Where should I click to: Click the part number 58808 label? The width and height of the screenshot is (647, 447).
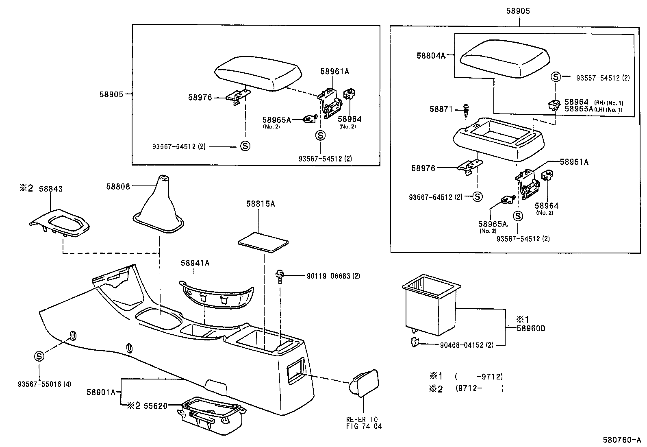(118, 187)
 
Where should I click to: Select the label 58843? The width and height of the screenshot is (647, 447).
(50, 189)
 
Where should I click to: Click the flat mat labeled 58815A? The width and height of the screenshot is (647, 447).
(263, 243)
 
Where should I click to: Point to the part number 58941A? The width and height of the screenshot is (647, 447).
(195, 263)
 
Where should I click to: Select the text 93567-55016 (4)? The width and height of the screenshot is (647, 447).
(44, 384)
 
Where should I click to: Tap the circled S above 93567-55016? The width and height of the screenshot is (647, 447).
(39, 356)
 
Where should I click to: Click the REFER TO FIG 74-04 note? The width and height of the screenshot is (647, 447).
(364, 423)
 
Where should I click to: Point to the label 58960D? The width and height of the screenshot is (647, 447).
(531, 328)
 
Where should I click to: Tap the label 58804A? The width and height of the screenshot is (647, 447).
(431, 55)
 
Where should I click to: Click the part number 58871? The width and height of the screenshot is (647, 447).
(441, 109)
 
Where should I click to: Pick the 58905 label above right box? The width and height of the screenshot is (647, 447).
(518, 11)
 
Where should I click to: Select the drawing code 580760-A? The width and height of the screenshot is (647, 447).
(622, 440)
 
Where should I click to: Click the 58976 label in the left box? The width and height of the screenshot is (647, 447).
(200, 98)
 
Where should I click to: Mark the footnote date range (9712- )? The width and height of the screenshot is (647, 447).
(479, 388)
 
